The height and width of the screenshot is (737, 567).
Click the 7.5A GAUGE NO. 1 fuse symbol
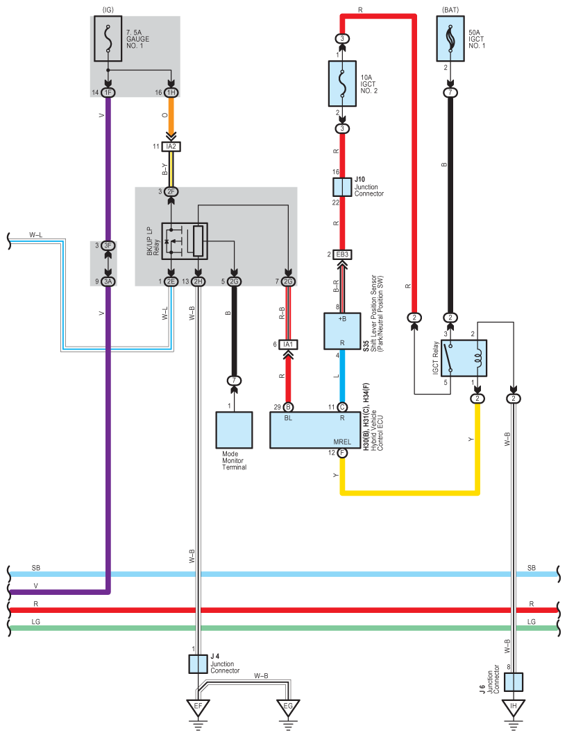pos(108,39)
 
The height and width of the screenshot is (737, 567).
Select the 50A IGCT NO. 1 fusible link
pos(450,39)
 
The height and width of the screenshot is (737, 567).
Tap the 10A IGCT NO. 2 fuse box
pos(342,84)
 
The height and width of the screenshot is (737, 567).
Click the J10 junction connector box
pos(342,187)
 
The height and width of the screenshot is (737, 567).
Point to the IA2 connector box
pos(171,147)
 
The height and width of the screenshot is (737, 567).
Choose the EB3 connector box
pos(342,254)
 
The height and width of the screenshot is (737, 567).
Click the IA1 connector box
pos(288,345)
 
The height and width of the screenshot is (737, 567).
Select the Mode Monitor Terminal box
pos(235,430)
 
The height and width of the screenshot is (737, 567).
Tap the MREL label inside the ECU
pos(342,442)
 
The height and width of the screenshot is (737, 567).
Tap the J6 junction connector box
pos(514,682)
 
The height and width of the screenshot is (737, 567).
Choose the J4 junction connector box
pos(198,664)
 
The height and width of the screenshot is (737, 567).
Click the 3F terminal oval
pos(108,245)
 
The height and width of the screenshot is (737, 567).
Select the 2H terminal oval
pos(198,281)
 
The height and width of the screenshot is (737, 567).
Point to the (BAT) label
pos(450,10)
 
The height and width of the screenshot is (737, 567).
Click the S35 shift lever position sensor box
pos(342,331)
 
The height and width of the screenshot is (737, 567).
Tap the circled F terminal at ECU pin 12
pos(342,453)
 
